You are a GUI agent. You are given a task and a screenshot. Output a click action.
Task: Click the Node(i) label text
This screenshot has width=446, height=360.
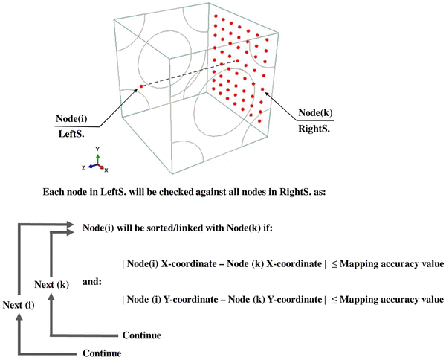coord(74,118)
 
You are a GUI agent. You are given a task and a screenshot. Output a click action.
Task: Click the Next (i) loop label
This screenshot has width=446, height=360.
coord(22,304)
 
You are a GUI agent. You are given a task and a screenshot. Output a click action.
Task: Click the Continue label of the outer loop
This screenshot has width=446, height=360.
coord(102,352)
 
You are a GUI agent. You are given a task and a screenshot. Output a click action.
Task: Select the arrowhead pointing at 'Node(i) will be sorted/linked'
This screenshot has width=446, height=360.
coord(72,225)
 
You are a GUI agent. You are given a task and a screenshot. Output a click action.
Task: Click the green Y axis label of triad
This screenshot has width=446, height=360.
coord(98,149)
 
